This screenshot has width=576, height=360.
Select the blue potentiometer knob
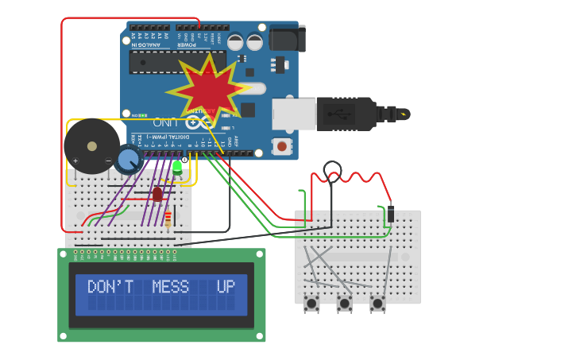128,160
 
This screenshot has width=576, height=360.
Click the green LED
177,166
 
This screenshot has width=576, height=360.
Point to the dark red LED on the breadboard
157,194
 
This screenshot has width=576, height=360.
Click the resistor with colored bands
168,218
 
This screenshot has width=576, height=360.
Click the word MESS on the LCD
172,287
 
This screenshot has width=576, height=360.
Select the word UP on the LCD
226,287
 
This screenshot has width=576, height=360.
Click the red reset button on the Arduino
281,146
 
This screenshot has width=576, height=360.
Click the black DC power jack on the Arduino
287,38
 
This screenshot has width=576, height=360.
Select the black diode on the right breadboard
390,215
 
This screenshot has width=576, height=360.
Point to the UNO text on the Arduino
164,122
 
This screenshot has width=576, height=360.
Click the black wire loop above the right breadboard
332,169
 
